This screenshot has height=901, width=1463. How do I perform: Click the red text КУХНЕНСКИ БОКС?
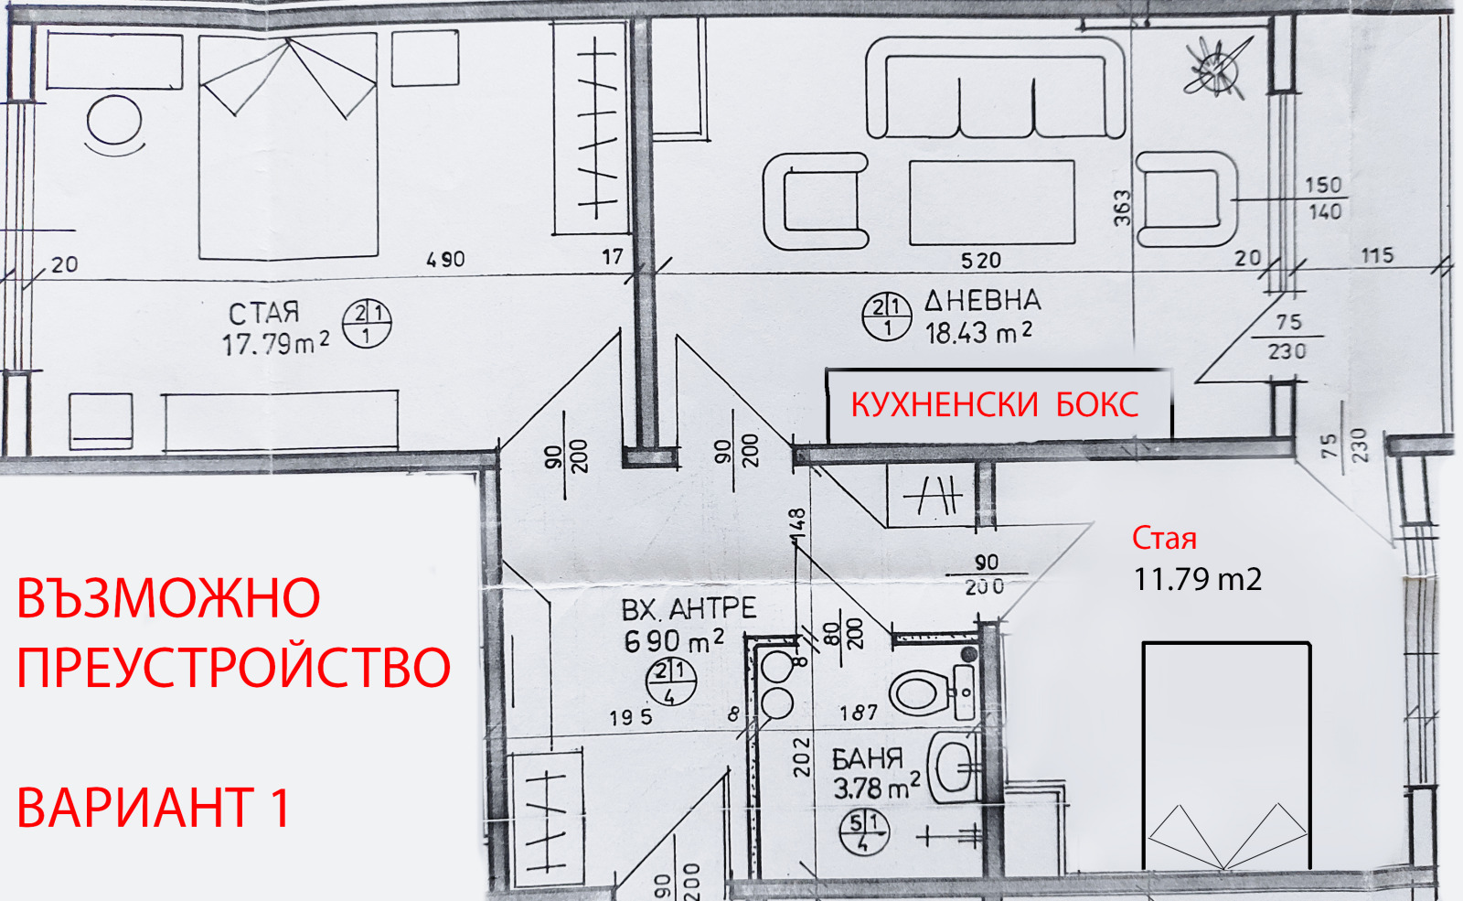995,404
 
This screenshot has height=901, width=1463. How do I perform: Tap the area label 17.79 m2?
274,344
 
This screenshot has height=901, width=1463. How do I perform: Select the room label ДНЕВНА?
982,300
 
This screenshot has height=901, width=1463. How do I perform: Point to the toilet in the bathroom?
920,692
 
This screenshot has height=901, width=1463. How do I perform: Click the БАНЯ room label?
866,758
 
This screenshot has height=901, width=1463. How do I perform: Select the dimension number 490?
445,260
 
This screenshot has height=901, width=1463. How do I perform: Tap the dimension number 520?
980,261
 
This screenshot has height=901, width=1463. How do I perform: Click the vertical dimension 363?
1122,209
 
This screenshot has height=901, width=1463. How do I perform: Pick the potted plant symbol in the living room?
1217,67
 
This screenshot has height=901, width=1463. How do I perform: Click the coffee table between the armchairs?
991,202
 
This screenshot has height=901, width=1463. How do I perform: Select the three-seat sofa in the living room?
995,90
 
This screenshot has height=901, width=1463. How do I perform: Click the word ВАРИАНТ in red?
135,808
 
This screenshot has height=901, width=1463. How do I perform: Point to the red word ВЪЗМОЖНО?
168,598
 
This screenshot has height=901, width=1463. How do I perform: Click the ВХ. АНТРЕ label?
689,609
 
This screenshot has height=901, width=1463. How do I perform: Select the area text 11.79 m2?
1197,579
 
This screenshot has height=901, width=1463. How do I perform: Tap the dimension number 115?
1377,255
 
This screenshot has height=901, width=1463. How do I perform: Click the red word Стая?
1164,538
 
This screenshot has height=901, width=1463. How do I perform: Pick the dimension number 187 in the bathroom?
859,712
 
